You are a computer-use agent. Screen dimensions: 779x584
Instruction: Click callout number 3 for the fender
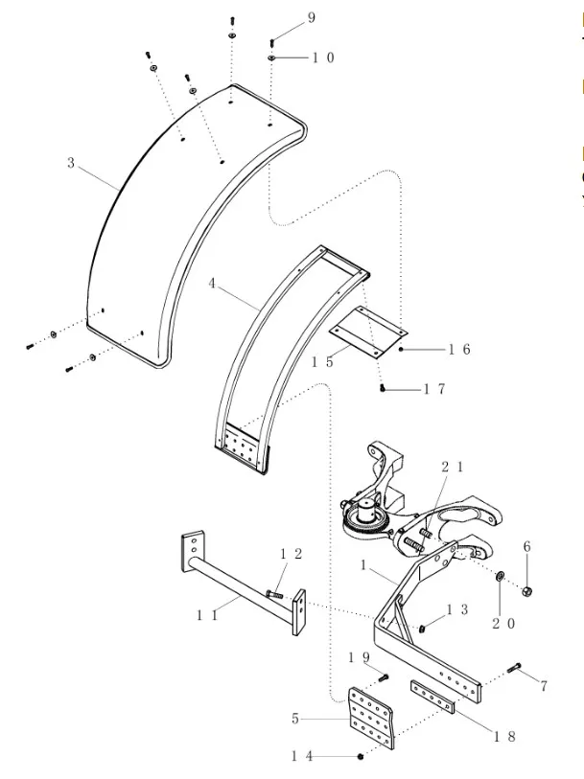coord(70,163)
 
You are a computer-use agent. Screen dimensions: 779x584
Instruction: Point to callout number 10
coord(323,58)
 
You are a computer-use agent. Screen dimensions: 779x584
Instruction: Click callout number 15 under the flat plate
coord(321,361)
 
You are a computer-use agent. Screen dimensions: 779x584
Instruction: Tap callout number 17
coord(434,389)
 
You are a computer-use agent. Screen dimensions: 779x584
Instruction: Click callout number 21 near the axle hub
coord(453,467)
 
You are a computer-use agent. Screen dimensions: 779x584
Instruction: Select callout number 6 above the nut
coord(526,546)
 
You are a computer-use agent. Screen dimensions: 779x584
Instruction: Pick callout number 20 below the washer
coord(503,623)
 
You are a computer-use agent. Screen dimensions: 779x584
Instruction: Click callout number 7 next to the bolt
coord(543,686)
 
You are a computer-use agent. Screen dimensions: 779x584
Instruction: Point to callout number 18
coord(504,736)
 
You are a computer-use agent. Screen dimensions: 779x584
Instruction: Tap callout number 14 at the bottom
coord(302,756)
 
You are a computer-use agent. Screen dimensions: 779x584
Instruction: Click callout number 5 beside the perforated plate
coord(296,719)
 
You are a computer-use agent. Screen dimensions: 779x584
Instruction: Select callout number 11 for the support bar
coord(207,616)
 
